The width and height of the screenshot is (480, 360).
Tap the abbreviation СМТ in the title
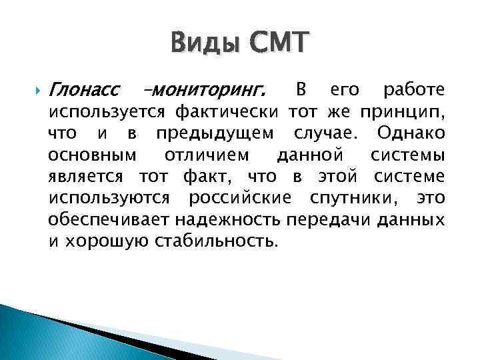click(x=281, y=45)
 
